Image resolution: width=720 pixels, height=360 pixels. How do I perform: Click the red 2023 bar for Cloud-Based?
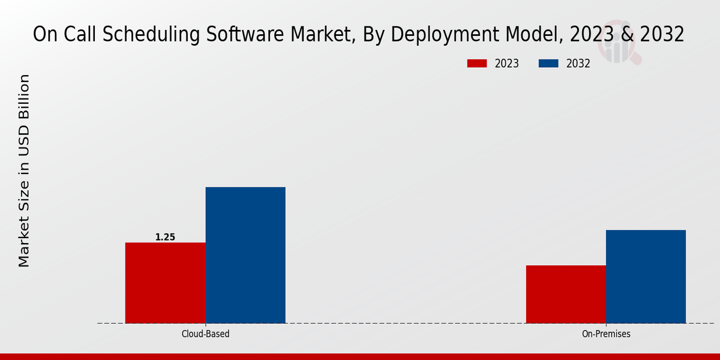[165, 283]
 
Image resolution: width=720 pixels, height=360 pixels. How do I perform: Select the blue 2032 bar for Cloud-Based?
[245, 255]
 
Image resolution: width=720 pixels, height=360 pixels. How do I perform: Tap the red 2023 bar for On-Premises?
[566, 294]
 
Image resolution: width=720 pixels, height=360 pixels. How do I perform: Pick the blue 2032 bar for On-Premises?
[646, 277]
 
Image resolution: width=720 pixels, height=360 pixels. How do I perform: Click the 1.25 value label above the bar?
[165, 237]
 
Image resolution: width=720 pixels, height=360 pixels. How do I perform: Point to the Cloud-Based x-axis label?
[205, 334]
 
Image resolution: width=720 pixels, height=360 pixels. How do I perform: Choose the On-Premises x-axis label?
[606, 334]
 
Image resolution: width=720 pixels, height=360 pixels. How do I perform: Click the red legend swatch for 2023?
[477, 64]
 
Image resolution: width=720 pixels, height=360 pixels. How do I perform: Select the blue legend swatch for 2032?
[549, 64]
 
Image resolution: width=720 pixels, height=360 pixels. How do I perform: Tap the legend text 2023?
[506, 64]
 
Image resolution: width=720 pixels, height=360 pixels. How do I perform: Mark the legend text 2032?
[578, 64]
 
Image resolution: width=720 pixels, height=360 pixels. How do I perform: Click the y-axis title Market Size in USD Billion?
[24, 171]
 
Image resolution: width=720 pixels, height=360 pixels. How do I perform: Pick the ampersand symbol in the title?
[628, 35]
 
